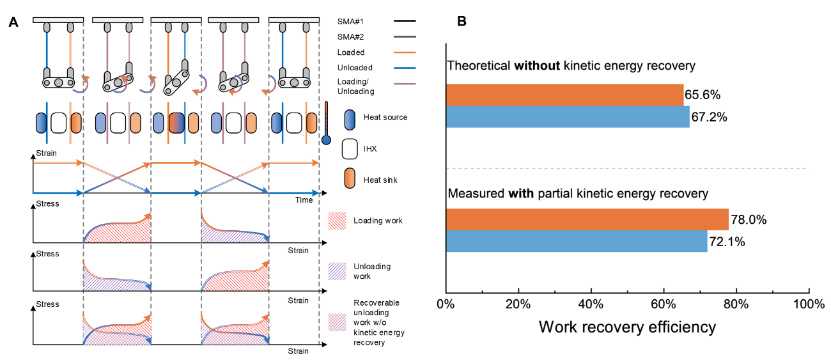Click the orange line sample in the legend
coord(405,52)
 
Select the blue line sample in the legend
coord(405,68)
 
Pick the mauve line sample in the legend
coord(405,84)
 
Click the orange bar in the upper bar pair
coord(565,94)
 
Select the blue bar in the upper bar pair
coord(568,117)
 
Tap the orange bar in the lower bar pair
coord(587,219)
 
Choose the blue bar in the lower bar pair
coord(577,242)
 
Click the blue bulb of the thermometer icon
coord(326,139)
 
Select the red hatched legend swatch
coord(337,221)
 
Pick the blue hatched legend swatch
coord(337,271)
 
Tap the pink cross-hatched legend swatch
coord(337,322)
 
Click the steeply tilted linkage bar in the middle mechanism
coord(176,82)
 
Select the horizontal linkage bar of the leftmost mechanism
coord(58,82)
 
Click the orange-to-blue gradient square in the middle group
coord(176,123)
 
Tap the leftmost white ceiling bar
coord(58,20)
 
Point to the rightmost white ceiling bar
coord(294,20)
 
